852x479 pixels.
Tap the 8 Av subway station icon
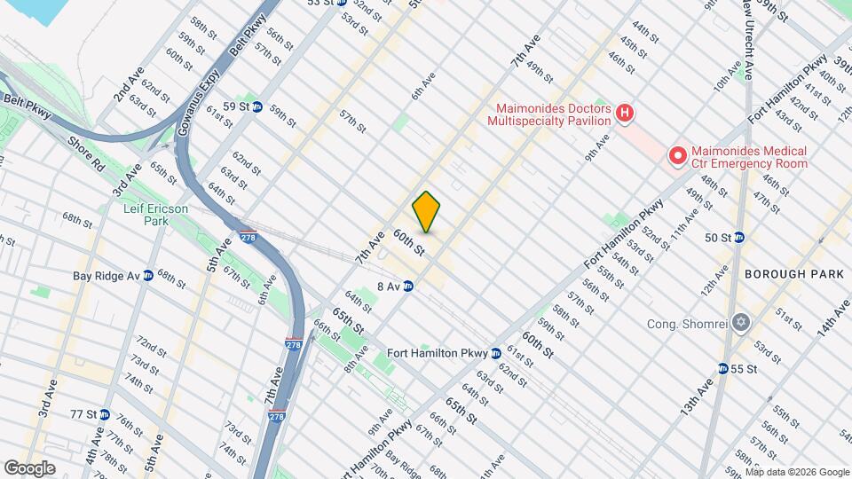pos(408,287)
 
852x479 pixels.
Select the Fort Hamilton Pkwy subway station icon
pos(495,353)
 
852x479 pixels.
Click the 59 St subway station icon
pos(256,106)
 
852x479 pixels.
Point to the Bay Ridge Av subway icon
pos(148,276)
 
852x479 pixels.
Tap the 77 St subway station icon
pos(105,414)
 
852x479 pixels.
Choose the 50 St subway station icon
pos(738,238)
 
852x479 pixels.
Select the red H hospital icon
pos(626,113)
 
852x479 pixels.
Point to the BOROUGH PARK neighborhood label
pos(794,275)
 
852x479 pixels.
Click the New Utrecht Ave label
pos(750,35)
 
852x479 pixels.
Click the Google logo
pos(29,467)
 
